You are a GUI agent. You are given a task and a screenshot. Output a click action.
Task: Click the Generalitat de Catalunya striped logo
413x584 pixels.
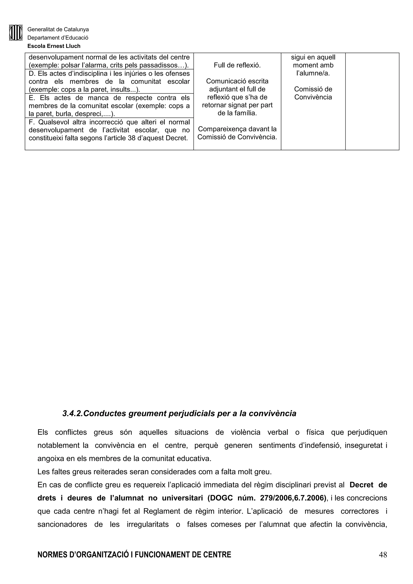[16, 33]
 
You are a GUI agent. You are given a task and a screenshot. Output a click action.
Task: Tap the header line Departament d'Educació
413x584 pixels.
[58, 38]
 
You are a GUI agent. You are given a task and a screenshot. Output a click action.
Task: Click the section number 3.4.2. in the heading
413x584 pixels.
[73, 414]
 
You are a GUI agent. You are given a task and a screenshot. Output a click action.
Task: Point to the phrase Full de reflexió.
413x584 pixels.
[237, 65]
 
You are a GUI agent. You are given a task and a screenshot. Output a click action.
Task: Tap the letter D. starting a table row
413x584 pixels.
[31, 74]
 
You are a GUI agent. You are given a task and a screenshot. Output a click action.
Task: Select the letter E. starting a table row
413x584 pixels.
[31, 98]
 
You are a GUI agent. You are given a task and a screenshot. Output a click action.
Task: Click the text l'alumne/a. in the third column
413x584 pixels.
[313, 73]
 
